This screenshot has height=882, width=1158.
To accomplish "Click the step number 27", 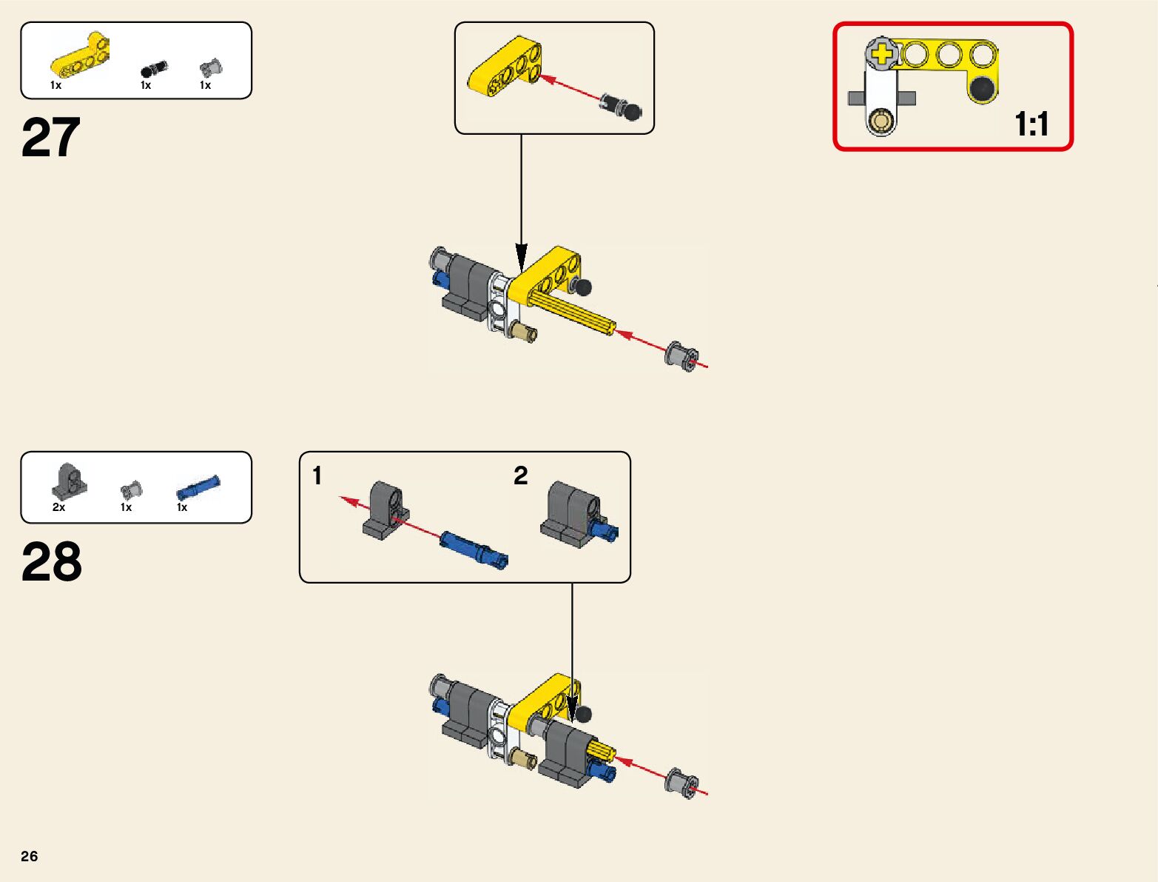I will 50,138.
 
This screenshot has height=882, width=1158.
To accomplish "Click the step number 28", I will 51,562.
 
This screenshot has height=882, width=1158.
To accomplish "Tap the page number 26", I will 30,856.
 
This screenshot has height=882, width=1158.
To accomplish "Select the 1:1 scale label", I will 1031,124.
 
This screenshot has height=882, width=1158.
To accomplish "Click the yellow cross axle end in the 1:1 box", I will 882,54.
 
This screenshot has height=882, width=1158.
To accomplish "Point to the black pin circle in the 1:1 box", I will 982,90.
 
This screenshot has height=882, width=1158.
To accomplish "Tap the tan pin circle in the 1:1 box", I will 881,121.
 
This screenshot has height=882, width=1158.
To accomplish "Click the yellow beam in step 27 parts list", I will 80,59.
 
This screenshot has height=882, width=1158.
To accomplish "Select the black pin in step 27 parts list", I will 154,70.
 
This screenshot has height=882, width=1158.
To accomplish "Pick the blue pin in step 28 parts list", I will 198,489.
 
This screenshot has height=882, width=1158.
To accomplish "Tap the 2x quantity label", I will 58,507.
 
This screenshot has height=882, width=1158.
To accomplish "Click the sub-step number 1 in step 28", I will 317,475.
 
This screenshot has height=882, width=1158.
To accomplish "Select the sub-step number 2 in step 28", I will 520,475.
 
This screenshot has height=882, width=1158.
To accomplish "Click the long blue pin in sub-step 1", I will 474,549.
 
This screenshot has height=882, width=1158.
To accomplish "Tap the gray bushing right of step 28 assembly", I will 681,783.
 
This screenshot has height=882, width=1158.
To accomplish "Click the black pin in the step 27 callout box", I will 621,106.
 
